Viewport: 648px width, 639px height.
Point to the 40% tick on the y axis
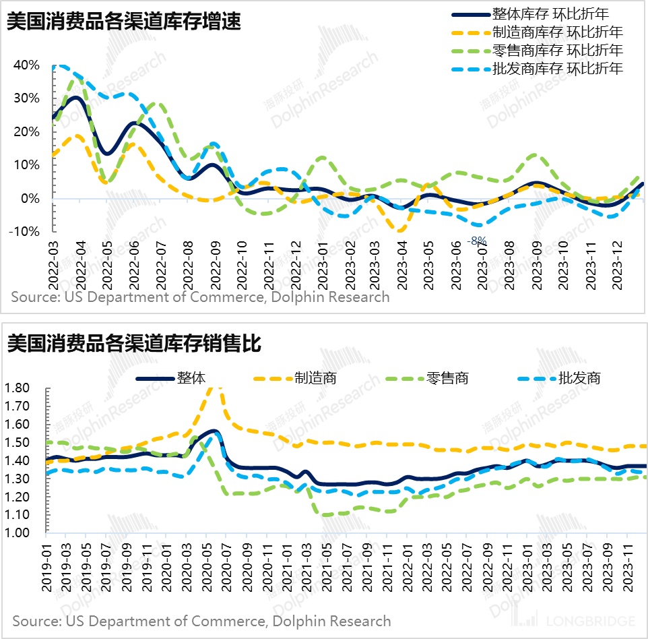tap(26, 65)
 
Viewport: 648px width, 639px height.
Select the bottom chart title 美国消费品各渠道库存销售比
tap(133, 344)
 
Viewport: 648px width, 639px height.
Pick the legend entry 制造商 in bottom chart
tap(315, 377)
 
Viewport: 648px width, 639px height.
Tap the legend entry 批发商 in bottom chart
tap(579, 377)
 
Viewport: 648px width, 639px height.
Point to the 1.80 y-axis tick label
tap(17, 388)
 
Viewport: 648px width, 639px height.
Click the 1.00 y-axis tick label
tap(17, 533)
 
